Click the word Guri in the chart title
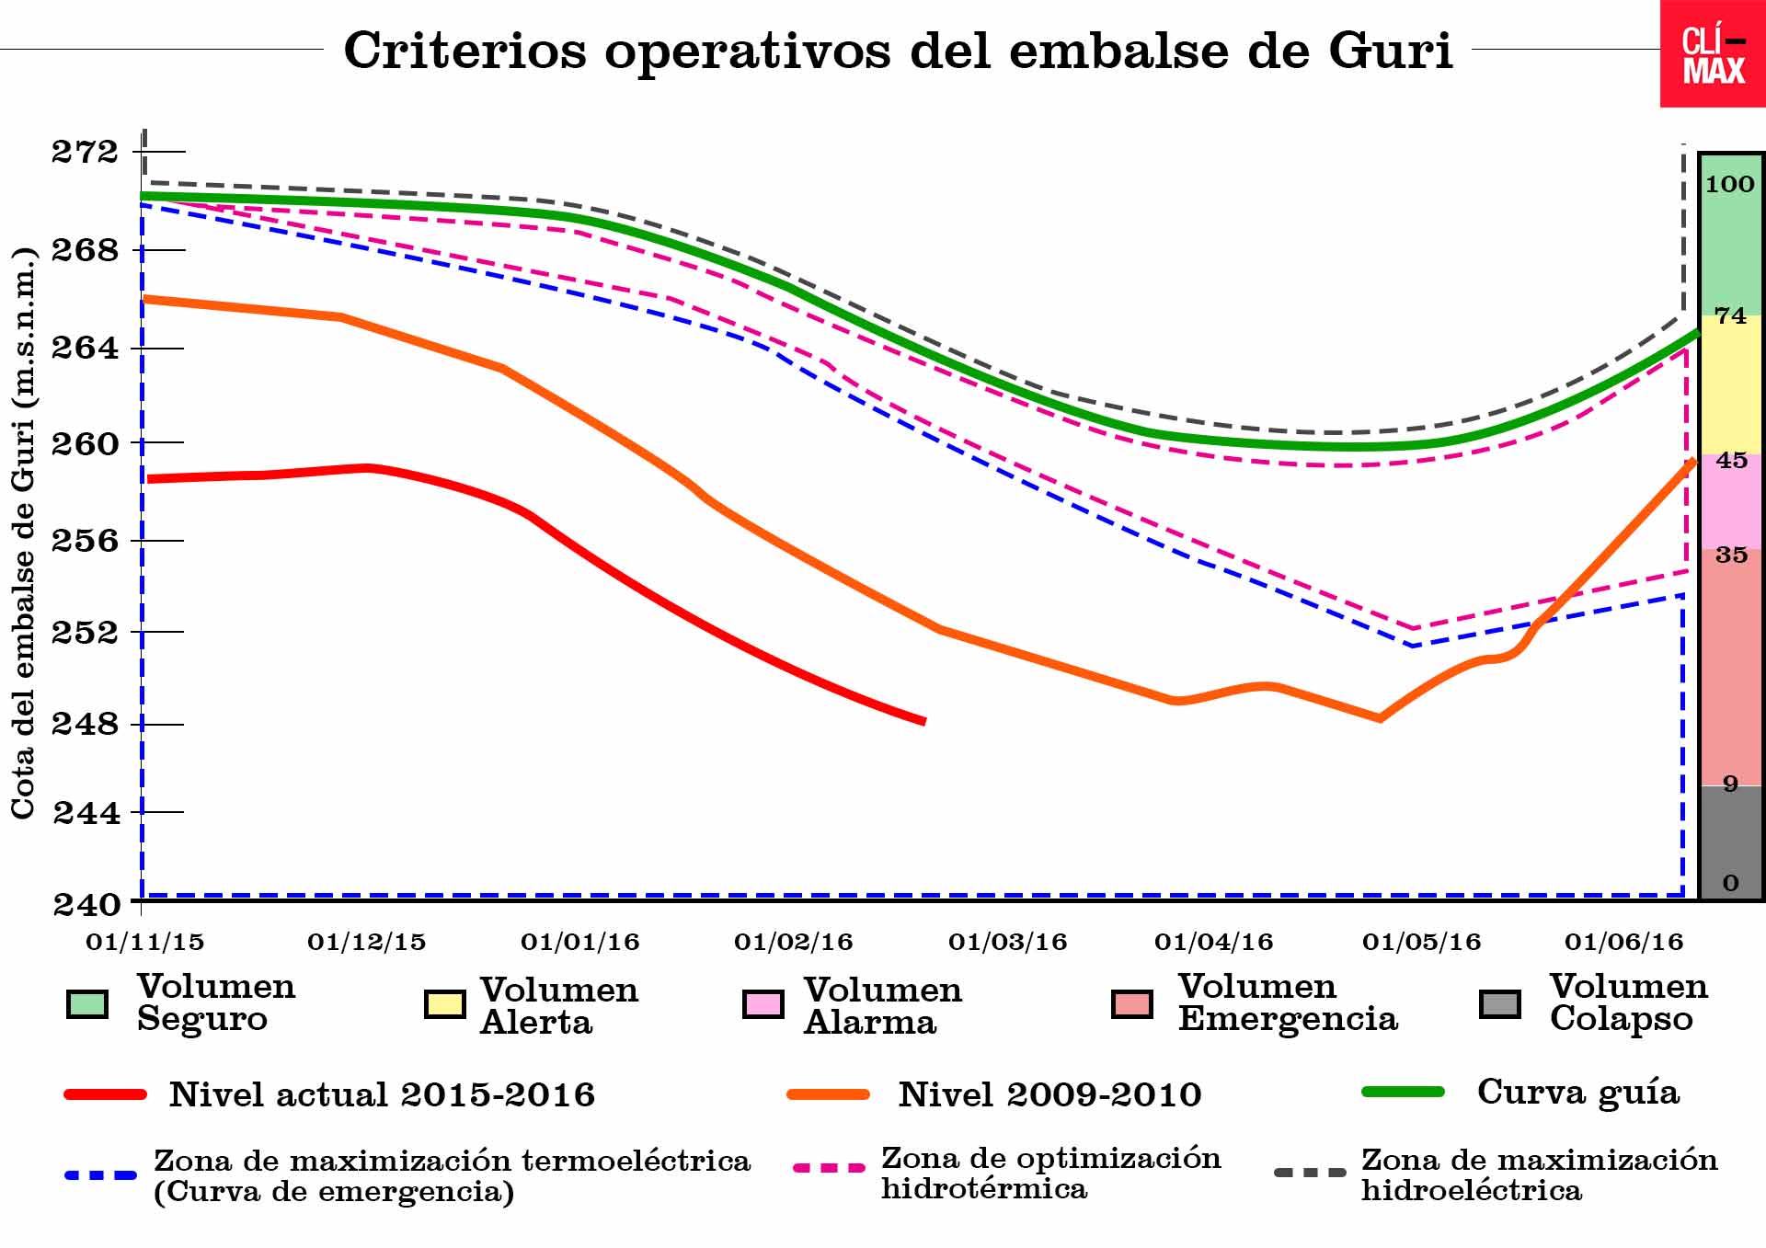(x=1390, y=51)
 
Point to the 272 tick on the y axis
(x=85, y=152)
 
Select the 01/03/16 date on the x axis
(x=1007, y=943)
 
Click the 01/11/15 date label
(x=144, y=943)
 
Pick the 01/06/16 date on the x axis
(x=1623, y=943)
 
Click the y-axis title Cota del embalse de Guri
(x=23, y=533)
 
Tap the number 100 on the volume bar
(x=1729, y=185)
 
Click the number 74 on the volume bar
(x=1730, y=316)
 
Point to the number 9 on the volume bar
(x=1730, y=784)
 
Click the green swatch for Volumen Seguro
(x=87, y=1004)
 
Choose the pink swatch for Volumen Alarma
(x=763, y=1004)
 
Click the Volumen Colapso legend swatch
(x=1499, y=1004)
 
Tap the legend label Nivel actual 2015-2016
(x=382, y=1095)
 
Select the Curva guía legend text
(x=1577, y=1093)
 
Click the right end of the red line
(x=923, y=722)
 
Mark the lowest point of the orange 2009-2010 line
(x=1380, y=718)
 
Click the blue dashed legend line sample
(x=101, y=1175)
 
